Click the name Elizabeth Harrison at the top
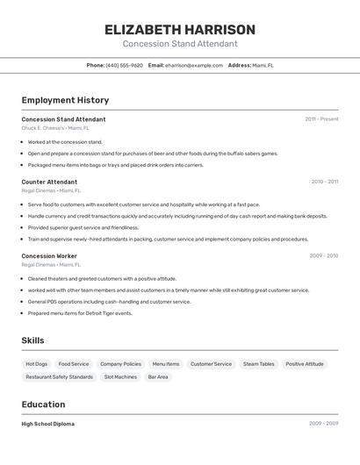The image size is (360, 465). coord(180,29)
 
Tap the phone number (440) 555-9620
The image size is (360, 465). coord(124,65)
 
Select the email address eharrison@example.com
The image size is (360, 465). coord(194,65)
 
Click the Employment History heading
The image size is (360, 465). coord(65,100)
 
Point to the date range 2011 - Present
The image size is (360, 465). coord(321,119)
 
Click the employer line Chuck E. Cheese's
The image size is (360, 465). coord(55,128)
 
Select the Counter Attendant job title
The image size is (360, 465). coord(49,182)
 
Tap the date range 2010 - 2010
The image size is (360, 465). coord(324,182)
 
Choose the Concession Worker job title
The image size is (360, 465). coord(49,256)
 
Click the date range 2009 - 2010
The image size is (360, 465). coord(324,256)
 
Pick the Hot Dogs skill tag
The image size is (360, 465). coord(37,364)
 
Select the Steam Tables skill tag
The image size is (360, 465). coord(258,364)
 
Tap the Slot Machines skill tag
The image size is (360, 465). coord(120,377)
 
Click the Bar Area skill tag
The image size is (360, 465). coord(158,377)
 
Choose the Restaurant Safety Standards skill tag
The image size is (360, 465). coord(59,377)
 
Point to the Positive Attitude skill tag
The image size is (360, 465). coord(305,364)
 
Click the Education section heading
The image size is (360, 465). coord(43,404)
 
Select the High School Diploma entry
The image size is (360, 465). coord(48,424)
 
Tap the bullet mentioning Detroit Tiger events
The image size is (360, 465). coord(80,313)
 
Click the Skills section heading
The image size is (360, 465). coord(32,340)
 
